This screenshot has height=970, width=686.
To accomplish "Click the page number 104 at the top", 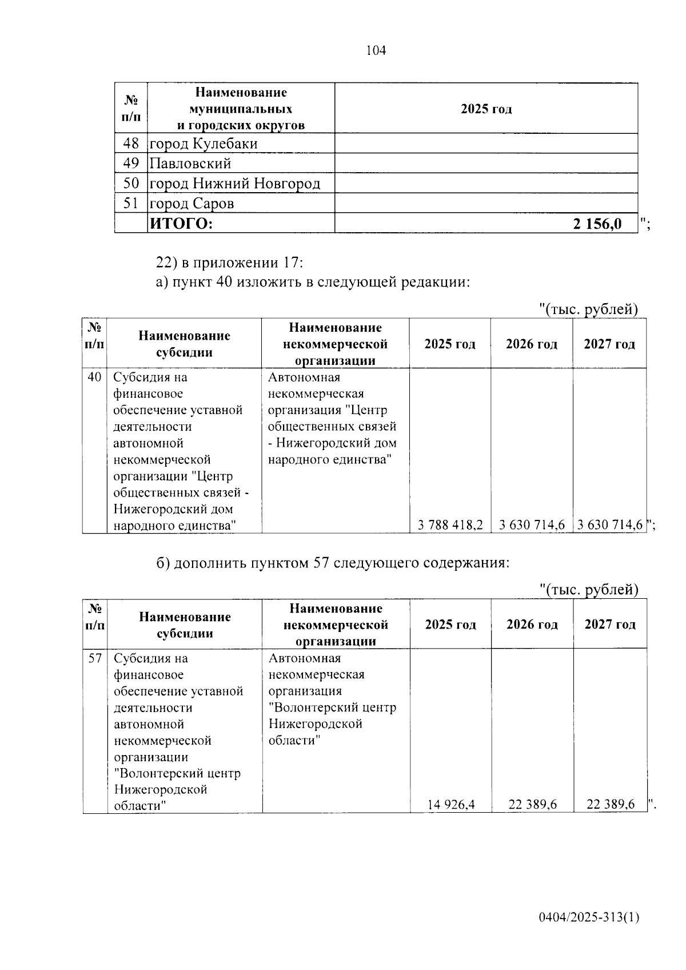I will point(376,50).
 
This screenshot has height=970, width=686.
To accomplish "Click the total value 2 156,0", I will point(597,224).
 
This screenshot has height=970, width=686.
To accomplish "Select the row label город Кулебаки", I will point(204,144).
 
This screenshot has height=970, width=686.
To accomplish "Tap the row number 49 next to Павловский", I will point(131,164).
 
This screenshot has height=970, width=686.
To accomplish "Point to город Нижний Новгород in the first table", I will point(234,184).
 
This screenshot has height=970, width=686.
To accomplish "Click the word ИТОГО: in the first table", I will point(181,224).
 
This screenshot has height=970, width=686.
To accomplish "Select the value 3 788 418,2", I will point(450,524).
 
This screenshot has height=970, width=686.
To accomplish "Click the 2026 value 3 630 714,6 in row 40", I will point(532,524).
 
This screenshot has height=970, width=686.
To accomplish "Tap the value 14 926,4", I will point(451,805).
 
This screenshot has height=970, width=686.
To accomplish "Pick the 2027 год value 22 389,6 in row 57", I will point(611,805).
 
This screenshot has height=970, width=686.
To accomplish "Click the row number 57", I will point(95,658).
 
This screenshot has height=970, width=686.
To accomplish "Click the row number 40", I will point(94,377).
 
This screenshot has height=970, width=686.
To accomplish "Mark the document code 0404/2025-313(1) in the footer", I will point(589,917).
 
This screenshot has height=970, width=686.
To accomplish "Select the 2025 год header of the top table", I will point(486,109).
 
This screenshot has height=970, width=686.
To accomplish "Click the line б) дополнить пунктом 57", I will point(333,563).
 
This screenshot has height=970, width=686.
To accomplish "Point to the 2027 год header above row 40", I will point(609,344).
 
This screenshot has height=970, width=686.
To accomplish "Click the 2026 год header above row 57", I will point(532,624).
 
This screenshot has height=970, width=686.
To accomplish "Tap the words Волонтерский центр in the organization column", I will point(332,707).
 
